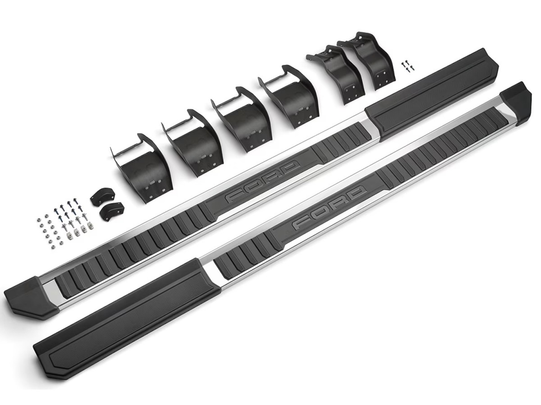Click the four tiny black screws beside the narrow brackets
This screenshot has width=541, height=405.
(408, 66)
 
